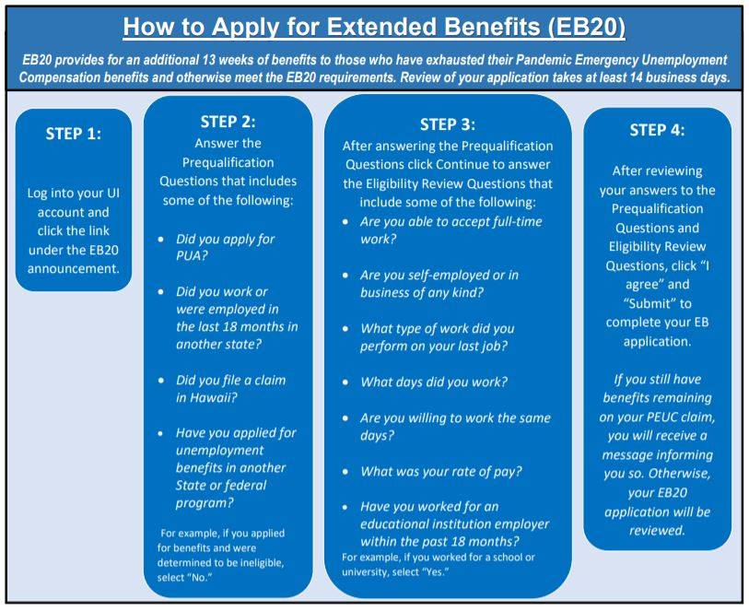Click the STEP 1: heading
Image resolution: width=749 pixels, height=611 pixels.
click(x=74, y=134)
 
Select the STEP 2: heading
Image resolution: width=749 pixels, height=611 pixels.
click(x=228, y=122)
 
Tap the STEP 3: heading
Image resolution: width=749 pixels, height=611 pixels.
click(x=448, y=124)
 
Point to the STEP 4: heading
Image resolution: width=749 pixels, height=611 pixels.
click(x=657, y=130)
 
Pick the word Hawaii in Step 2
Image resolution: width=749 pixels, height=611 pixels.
click(x=212, y=397)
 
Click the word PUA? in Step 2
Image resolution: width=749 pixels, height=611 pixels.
click(x=192, y=255)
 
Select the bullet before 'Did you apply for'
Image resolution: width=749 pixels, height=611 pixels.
click(x=161, y=240)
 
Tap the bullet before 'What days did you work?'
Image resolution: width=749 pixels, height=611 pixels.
click(x=345, y=382)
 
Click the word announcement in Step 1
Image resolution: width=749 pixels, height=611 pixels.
click(x=74, y=268)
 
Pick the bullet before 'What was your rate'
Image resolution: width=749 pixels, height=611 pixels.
click(x=345, y=472)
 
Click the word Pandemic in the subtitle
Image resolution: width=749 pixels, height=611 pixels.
click(x=543, y=60)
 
